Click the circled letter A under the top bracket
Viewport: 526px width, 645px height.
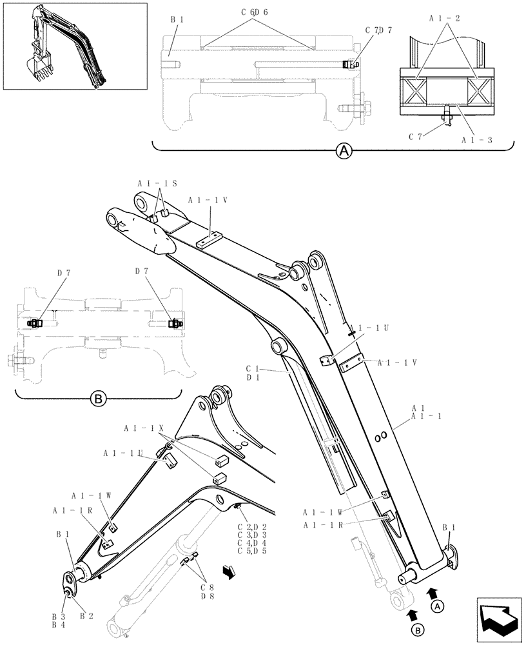pos(345,152)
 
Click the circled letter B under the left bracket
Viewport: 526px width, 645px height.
pos(98,400)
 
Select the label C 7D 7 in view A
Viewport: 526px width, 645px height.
pos(378,30)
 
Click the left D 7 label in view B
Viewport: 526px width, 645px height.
pos(63,272)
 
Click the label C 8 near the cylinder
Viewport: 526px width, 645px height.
pos(206,588)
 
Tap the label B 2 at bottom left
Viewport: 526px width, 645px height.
pos(87,616)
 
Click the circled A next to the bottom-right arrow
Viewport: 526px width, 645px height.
pos(437,606)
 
